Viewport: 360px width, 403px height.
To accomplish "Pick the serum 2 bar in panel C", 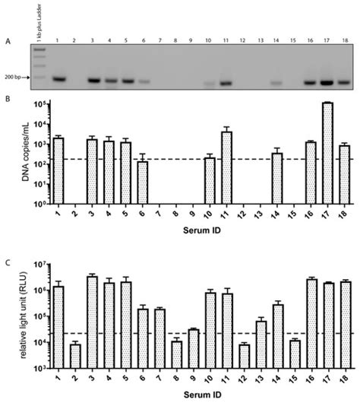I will click(75, 356).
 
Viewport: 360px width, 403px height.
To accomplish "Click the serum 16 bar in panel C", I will click(311, 323).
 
